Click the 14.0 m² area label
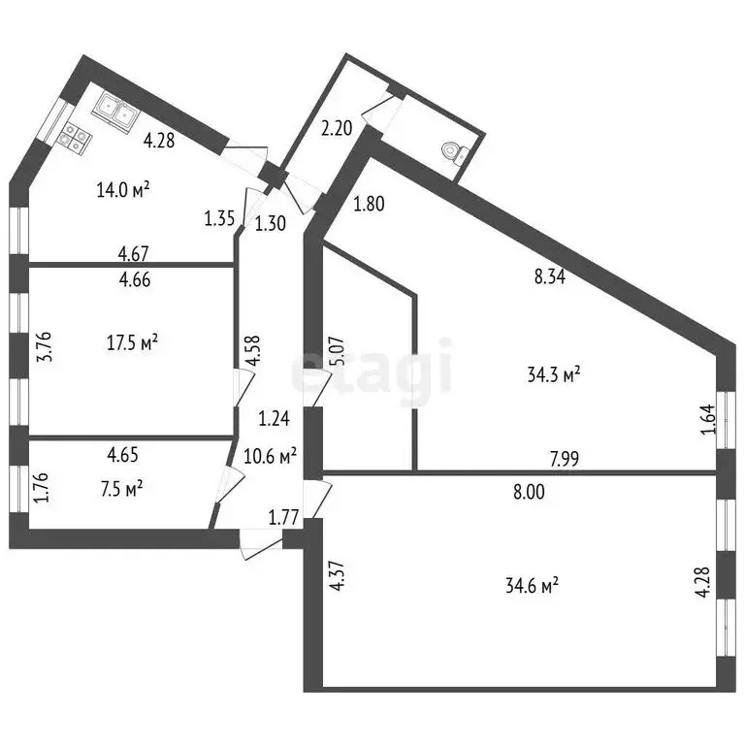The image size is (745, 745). (123, 190)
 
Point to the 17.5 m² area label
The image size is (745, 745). (133, 342)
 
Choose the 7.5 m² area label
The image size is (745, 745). (122, 489)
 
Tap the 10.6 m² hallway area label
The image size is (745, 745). (271, 456)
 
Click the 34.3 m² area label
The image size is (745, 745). (554, 374)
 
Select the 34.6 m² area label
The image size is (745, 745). (533, 585)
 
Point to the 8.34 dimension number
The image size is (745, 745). (550, 277)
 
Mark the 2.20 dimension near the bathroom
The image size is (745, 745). (337, 128)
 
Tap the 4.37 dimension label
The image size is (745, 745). (337, 577)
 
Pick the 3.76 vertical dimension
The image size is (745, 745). (44, 347)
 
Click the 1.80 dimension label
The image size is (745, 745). (369, 204)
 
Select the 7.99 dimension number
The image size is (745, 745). (565, 459)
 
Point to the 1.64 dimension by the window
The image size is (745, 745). (707, 419)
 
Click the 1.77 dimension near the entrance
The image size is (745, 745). (283, 517)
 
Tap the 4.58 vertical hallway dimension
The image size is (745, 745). (254, 350)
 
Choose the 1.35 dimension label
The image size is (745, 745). (219, 219)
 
